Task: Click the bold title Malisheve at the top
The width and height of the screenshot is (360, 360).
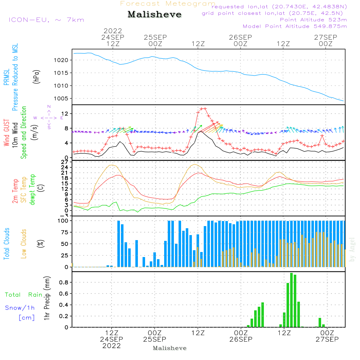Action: point(154,14)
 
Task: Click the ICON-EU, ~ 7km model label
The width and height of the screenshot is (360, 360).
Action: point(46,20)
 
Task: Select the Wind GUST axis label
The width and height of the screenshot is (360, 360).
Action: point(6,133)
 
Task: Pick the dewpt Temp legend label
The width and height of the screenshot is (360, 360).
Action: point(32,189)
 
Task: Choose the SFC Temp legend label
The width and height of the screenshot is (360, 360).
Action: point(24,189)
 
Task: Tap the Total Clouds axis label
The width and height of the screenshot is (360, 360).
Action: point(6,244)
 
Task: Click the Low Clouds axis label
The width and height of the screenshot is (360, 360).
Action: point(24,243)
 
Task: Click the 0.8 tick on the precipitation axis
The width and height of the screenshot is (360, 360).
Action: point(64,283)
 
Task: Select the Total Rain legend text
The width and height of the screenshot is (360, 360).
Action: point(23,295)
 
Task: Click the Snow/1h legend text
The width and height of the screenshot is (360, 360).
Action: point(20,308)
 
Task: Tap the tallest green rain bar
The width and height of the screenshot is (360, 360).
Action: point(291,300)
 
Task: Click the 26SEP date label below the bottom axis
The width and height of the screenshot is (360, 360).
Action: point(241,339)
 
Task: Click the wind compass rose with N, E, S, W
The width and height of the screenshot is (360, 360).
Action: point(49,117)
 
